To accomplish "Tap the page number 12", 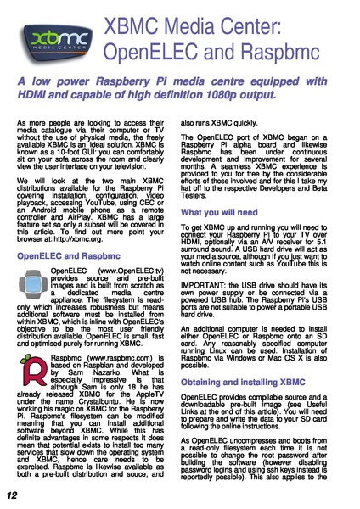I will (12, 495).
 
